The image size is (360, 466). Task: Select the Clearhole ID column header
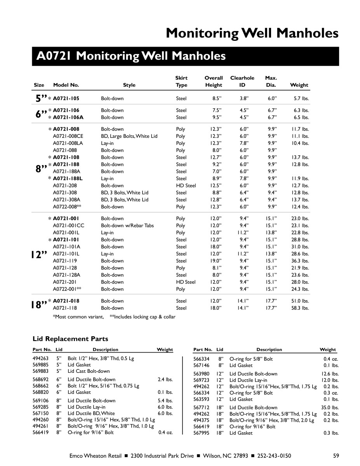(x=242, y=82)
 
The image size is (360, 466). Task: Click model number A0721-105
(x=66, y=99)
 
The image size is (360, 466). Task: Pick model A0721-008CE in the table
(x=68, y=136)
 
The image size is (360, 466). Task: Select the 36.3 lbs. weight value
(x=300, y=261)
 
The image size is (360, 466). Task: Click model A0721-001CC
(x=68, y=226)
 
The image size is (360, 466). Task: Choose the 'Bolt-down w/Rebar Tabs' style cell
(x=127, y=226)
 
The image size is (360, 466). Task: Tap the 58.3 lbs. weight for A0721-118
(x=300, y=308)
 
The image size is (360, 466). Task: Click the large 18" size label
(x=39, y=305)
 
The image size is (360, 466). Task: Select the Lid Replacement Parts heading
(x=70, y=339)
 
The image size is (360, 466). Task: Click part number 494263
(x=40, y=359)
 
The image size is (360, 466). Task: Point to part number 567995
(x=201, y=433)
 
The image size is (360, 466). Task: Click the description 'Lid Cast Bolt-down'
(x=89, y=371)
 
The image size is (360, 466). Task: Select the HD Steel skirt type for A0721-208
(x=186, y=186)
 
